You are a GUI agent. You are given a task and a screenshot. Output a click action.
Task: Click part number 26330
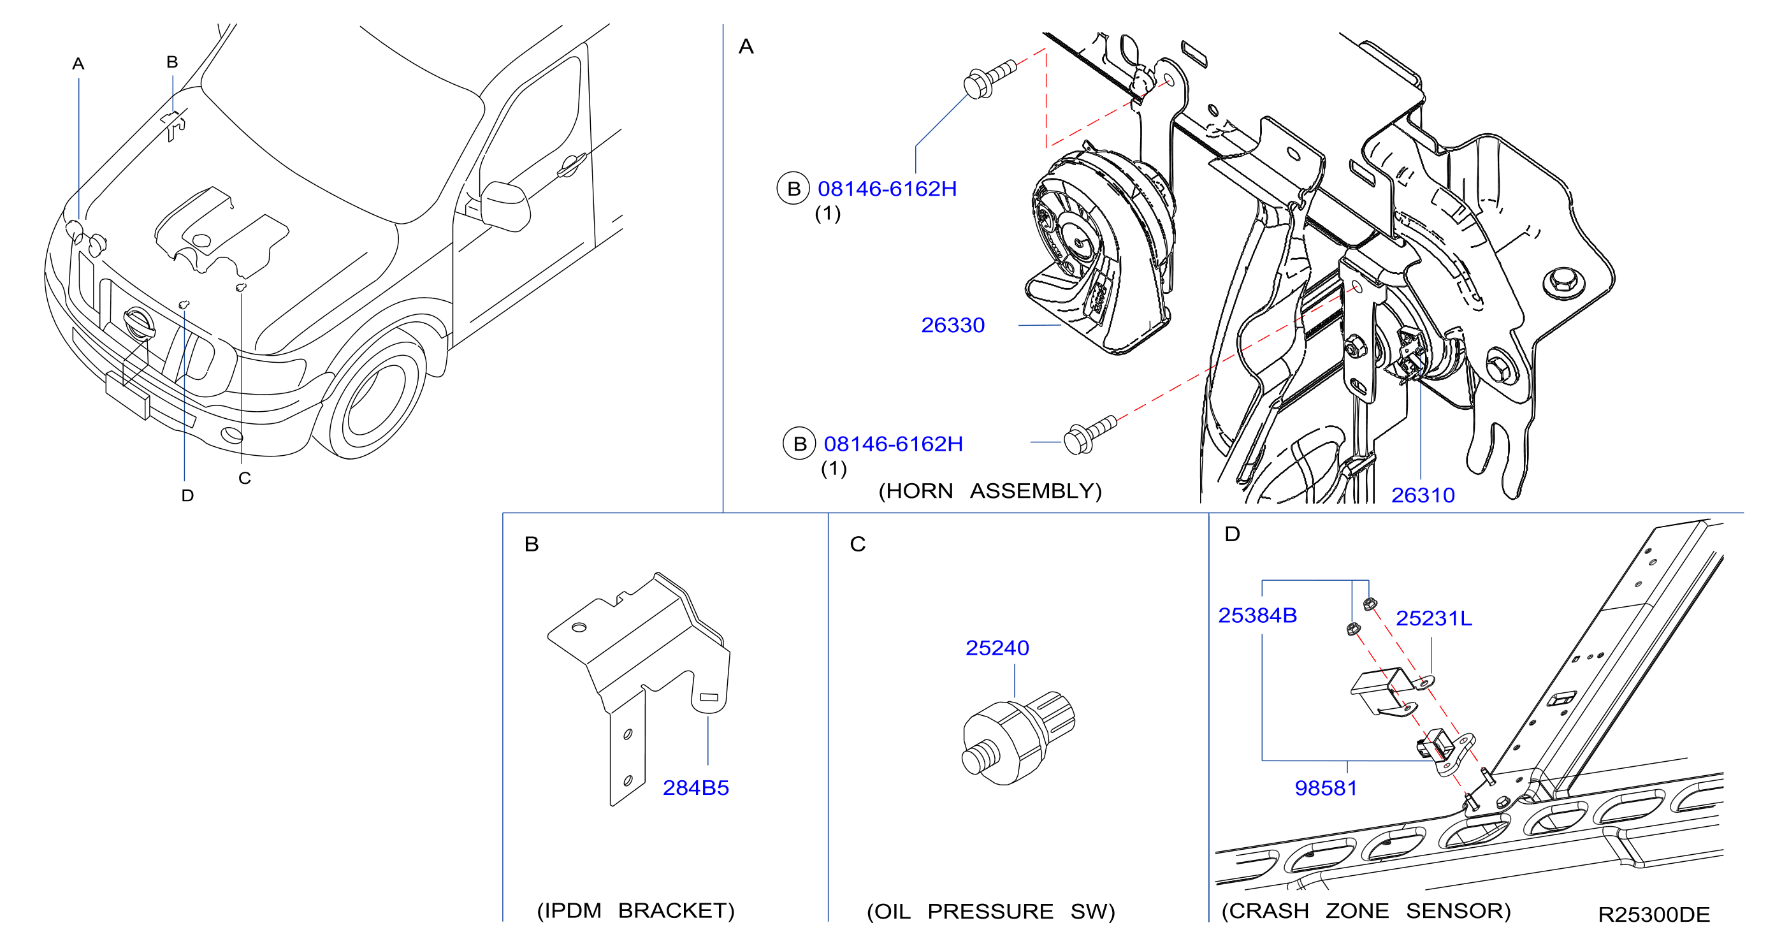952,325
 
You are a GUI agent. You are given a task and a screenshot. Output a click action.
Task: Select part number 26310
1423,495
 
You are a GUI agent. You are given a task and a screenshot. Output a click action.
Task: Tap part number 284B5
695,788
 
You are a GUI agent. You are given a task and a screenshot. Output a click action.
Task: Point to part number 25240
997,648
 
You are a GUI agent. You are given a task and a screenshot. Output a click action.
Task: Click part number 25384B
1257,615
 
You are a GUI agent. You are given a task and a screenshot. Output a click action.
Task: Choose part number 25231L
1433,618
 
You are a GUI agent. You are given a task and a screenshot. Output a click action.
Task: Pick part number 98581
1325,789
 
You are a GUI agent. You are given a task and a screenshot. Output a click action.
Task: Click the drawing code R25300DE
1654,915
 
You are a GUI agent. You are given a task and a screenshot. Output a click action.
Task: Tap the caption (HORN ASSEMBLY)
990,491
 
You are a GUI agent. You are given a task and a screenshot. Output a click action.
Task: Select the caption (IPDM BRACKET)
635,910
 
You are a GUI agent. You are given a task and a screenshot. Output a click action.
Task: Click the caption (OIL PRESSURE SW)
990,912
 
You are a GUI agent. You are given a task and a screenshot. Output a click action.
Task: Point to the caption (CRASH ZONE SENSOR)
1366,910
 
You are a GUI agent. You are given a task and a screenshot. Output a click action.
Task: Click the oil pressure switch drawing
1018,739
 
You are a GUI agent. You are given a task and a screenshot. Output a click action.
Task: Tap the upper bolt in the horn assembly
989,79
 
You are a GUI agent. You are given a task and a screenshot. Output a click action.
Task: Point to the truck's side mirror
505,206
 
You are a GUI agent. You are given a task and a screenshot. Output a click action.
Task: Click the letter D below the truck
187,495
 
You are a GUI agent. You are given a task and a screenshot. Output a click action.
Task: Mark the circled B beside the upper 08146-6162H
793,188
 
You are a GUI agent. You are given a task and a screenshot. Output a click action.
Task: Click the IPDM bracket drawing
639,688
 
